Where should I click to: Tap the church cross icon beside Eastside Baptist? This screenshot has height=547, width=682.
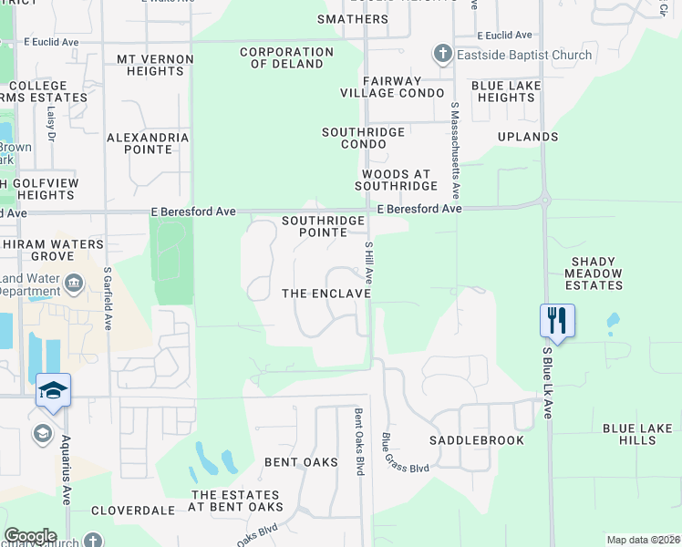[x=443, y=54]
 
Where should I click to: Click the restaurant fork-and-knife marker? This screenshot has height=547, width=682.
[x=557, y=320]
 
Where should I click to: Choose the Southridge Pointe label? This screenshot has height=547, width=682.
[x=324, y=226]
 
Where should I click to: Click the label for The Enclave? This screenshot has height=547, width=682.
[x=326, y=294]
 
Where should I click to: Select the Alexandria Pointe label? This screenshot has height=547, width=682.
[x=148, y=143]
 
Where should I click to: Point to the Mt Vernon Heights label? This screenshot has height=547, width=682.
[x=155, y=65]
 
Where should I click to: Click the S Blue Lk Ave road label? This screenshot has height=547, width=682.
[x=548, y=383]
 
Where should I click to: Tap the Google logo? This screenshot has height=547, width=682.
[x=30, y=536]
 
